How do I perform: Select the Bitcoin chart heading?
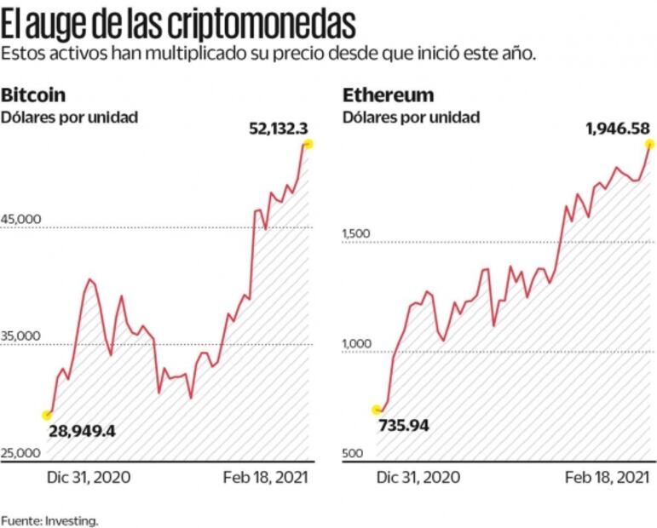point(33,95)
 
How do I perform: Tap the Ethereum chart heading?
point(388,95)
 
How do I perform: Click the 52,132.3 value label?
point(278,129)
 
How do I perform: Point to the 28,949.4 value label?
point(82,431)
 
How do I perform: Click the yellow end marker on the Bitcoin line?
point(308,145)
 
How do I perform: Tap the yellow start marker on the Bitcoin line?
point(48,415)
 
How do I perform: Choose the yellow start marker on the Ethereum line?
point(377,410)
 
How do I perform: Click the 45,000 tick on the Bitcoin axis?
point(21,219)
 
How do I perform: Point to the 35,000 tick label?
point(21,336)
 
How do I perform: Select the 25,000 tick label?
point(21,454)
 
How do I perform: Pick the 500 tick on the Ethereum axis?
point(353,454)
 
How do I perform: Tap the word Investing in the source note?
point(78,519)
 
